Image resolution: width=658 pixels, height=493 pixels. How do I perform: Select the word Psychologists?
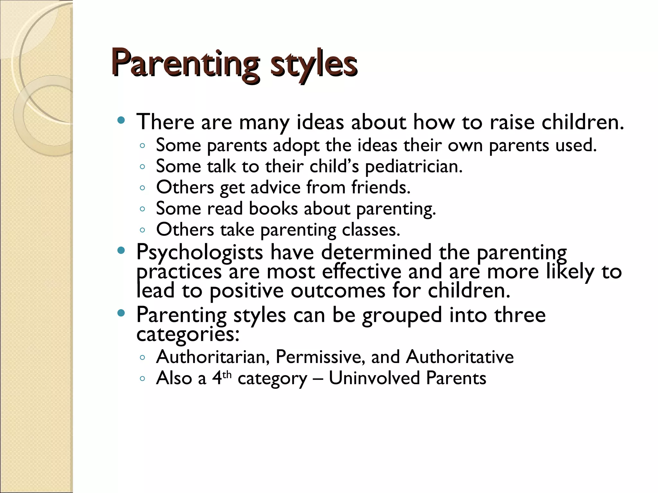(x=200, y=253)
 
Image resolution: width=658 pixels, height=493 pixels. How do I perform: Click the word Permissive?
(x=320, y=357)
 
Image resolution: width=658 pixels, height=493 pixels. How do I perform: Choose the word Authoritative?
(x=460, y=357)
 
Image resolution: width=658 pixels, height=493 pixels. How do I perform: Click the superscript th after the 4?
(x=227, y=374)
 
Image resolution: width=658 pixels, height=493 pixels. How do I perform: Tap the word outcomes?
(x=338, y=291)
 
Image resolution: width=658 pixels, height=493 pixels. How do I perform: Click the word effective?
(x=361, y=272)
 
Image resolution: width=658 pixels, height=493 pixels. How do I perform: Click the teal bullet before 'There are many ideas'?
(x=121, y=121)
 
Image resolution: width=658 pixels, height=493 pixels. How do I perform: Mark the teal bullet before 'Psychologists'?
(x=121, y=251)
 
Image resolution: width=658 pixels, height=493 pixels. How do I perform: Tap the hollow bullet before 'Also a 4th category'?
(x=143, y=378)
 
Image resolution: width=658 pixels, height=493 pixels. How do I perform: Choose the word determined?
(x=376, y=253)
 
